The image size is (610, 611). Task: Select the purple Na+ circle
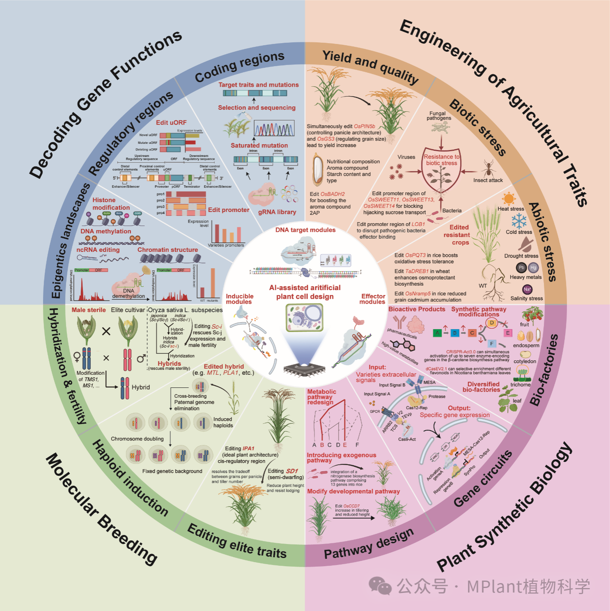[x=527, y=289]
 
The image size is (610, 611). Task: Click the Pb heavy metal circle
[x=521, y=267]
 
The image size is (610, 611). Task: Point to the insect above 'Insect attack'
[x=488, y=168]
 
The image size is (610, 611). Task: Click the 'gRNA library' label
[x=277, y=212]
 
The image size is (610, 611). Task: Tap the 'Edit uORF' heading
[x=171, y=122]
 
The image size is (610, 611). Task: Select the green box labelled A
[x=437, y=333]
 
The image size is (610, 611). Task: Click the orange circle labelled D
[x=492, y=323]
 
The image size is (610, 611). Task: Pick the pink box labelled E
[x=508, y=333]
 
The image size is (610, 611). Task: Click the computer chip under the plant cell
[x=304, y=369]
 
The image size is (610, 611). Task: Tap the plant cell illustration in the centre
[x=304, y=317]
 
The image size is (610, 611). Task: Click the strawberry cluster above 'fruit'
[x=532, y=314]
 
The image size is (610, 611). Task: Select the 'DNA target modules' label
[x=305, y=230]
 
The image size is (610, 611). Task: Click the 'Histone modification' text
[x=111, y=204]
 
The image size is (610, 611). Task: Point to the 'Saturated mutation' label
[x=259, y=145]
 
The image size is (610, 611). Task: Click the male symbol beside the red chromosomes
[x=141, y=358]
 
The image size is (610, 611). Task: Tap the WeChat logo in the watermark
[x=380, y=586]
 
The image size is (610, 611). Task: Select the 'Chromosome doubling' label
[x=137, y=439]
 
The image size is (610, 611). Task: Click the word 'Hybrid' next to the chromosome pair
[x=141, y=387]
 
